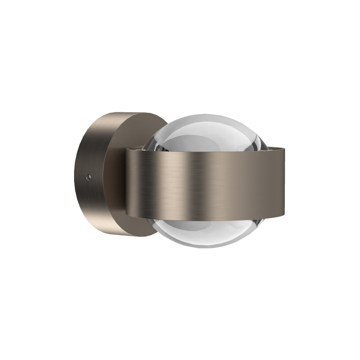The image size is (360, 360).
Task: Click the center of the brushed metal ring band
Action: (205, 180)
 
